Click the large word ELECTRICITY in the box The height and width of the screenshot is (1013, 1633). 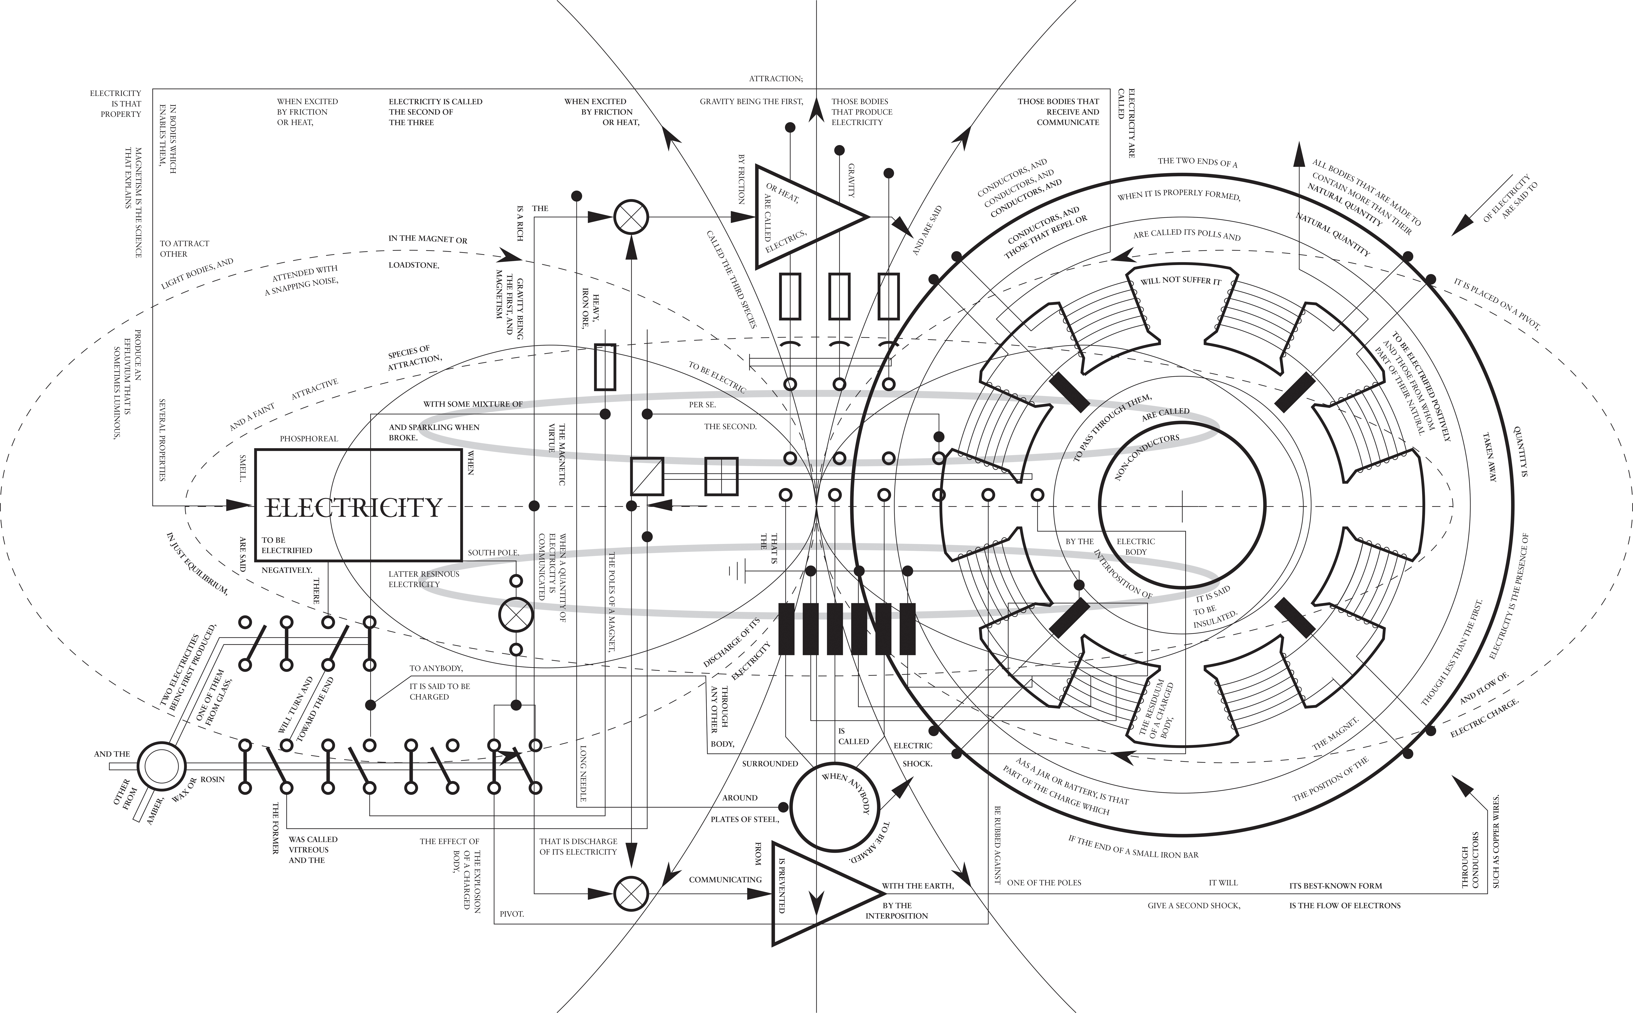tap(354, 507)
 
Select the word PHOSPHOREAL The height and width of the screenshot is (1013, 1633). tap(309, 439)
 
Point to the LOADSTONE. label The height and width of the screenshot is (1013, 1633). tap(414, 265)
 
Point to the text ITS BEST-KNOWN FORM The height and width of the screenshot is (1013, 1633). tap(1336, 886)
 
